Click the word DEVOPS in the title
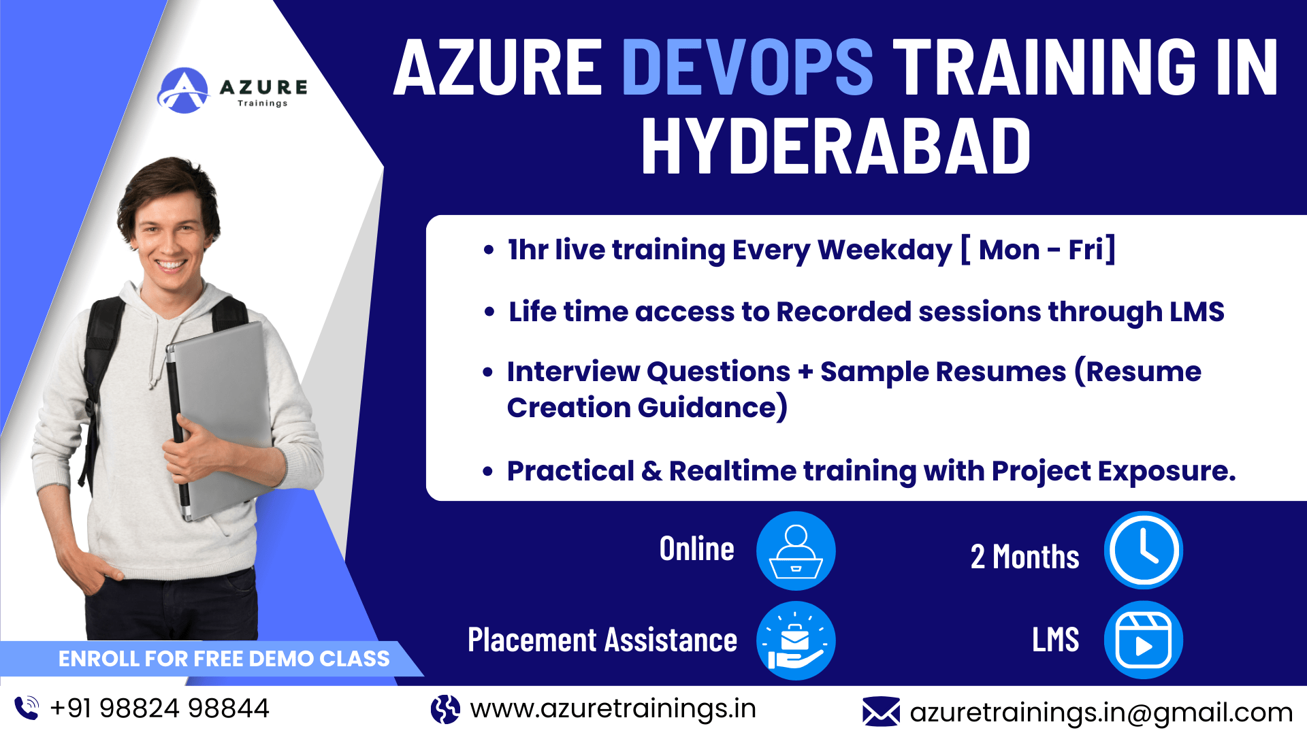point(747,67)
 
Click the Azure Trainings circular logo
point(183,91)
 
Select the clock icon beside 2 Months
point(1144,550)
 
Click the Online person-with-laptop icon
point(796,551)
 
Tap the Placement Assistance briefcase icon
point(796,640)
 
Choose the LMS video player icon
point(1144,640)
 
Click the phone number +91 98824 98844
point(160,708)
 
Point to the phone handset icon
point(27,708)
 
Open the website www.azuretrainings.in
point(613,709)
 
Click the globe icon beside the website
point(445,709)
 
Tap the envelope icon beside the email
point(881,711)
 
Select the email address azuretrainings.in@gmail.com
point(1101,713)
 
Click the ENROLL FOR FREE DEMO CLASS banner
point(211,659)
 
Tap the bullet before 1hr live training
point(488,250)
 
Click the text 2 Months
point(1024,557)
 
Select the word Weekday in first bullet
point(884,250)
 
